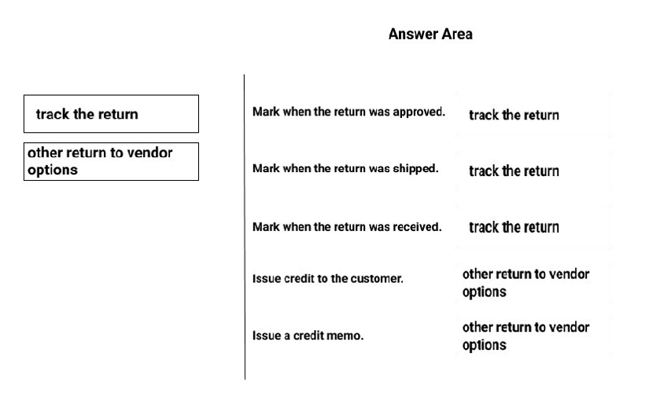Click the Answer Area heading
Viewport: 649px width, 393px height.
(x=430, y=34)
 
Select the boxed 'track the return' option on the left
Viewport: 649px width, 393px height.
(x=111, y=114)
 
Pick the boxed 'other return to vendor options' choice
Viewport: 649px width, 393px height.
(x=111, y=161)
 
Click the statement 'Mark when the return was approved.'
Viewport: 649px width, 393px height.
(x=348, y=112)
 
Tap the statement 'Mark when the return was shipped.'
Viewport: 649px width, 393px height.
(x=345, y=168)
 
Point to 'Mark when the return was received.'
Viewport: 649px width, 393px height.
(x=347, y=226)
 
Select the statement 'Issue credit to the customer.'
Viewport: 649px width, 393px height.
(x=327, y=278)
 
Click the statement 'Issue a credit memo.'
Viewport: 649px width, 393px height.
(x=308, y=335)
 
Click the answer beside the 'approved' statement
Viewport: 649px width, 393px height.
(x=514, y=115)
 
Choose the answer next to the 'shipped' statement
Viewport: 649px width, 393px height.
(x=514, y=171)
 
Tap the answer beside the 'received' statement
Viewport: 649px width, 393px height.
(x=514, y=227)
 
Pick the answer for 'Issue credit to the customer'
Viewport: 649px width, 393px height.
(x=525, y=282)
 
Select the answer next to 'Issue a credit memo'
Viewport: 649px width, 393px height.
(x=525, y=336)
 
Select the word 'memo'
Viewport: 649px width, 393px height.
(x=349, y=336)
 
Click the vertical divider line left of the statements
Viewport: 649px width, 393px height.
(x=245, y=226)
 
